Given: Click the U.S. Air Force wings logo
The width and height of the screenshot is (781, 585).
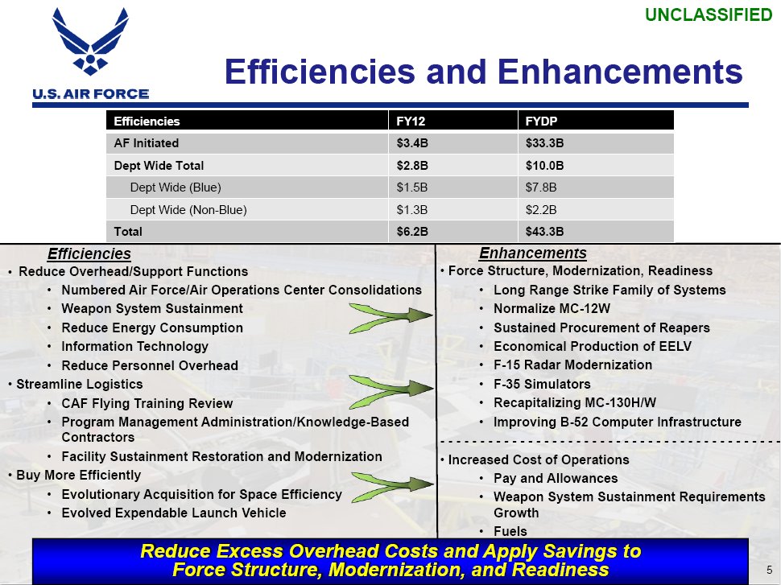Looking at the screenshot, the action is click(x=90, y=42).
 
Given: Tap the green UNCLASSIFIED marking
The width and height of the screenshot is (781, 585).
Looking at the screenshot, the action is click(x=709, y=15).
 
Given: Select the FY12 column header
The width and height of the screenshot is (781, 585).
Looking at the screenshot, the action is click(x=411, y=122).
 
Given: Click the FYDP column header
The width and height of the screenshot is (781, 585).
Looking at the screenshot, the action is click(x=541, y=122).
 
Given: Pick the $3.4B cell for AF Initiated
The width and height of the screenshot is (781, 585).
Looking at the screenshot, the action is click(x=412, y=143).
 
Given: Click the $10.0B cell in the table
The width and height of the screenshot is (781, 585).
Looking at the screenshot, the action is click(x=544, y=166).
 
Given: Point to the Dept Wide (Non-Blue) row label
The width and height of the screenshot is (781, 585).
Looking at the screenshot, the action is click(x=188, y=210).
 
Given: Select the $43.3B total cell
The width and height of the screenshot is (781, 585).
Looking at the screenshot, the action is click(x=544, y=232).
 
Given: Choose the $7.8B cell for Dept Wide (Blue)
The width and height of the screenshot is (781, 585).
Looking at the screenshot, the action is click(x=541, y=187).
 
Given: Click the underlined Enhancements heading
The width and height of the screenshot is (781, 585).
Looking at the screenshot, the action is click(x=532, y=253).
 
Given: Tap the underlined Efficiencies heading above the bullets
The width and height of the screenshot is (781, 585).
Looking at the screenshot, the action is click(x=89, y=254).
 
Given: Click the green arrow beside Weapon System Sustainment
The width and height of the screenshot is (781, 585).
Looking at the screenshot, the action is click(x=391, y=318).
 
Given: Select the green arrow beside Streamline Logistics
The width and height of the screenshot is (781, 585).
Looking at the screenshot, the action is click(x=391, y=391).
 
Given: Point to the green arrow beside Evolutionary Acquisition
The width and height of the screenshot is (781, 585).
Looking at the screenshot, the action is click(x=392, y=486).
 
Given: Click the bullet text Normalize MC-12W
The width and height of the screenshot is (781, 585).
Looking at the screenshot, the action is click(x=552, y=309).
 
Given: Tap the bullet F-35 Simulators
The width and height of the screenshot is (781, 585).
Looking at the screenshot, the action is click(x=542, y=385).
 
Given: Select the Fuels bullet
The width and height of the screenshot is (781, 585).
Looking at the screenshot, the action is click(x=510, y=531).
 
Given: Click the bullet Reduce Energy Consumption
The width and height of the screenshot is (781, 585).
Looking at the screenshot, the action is click(x=152, y=328).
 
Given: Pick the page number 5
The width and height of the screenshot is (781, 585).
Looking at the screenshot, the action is click(x=770, y=570).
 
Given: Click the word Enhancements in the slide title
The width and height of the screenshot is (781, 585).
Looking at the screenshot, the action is click(x=620, y=71).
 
